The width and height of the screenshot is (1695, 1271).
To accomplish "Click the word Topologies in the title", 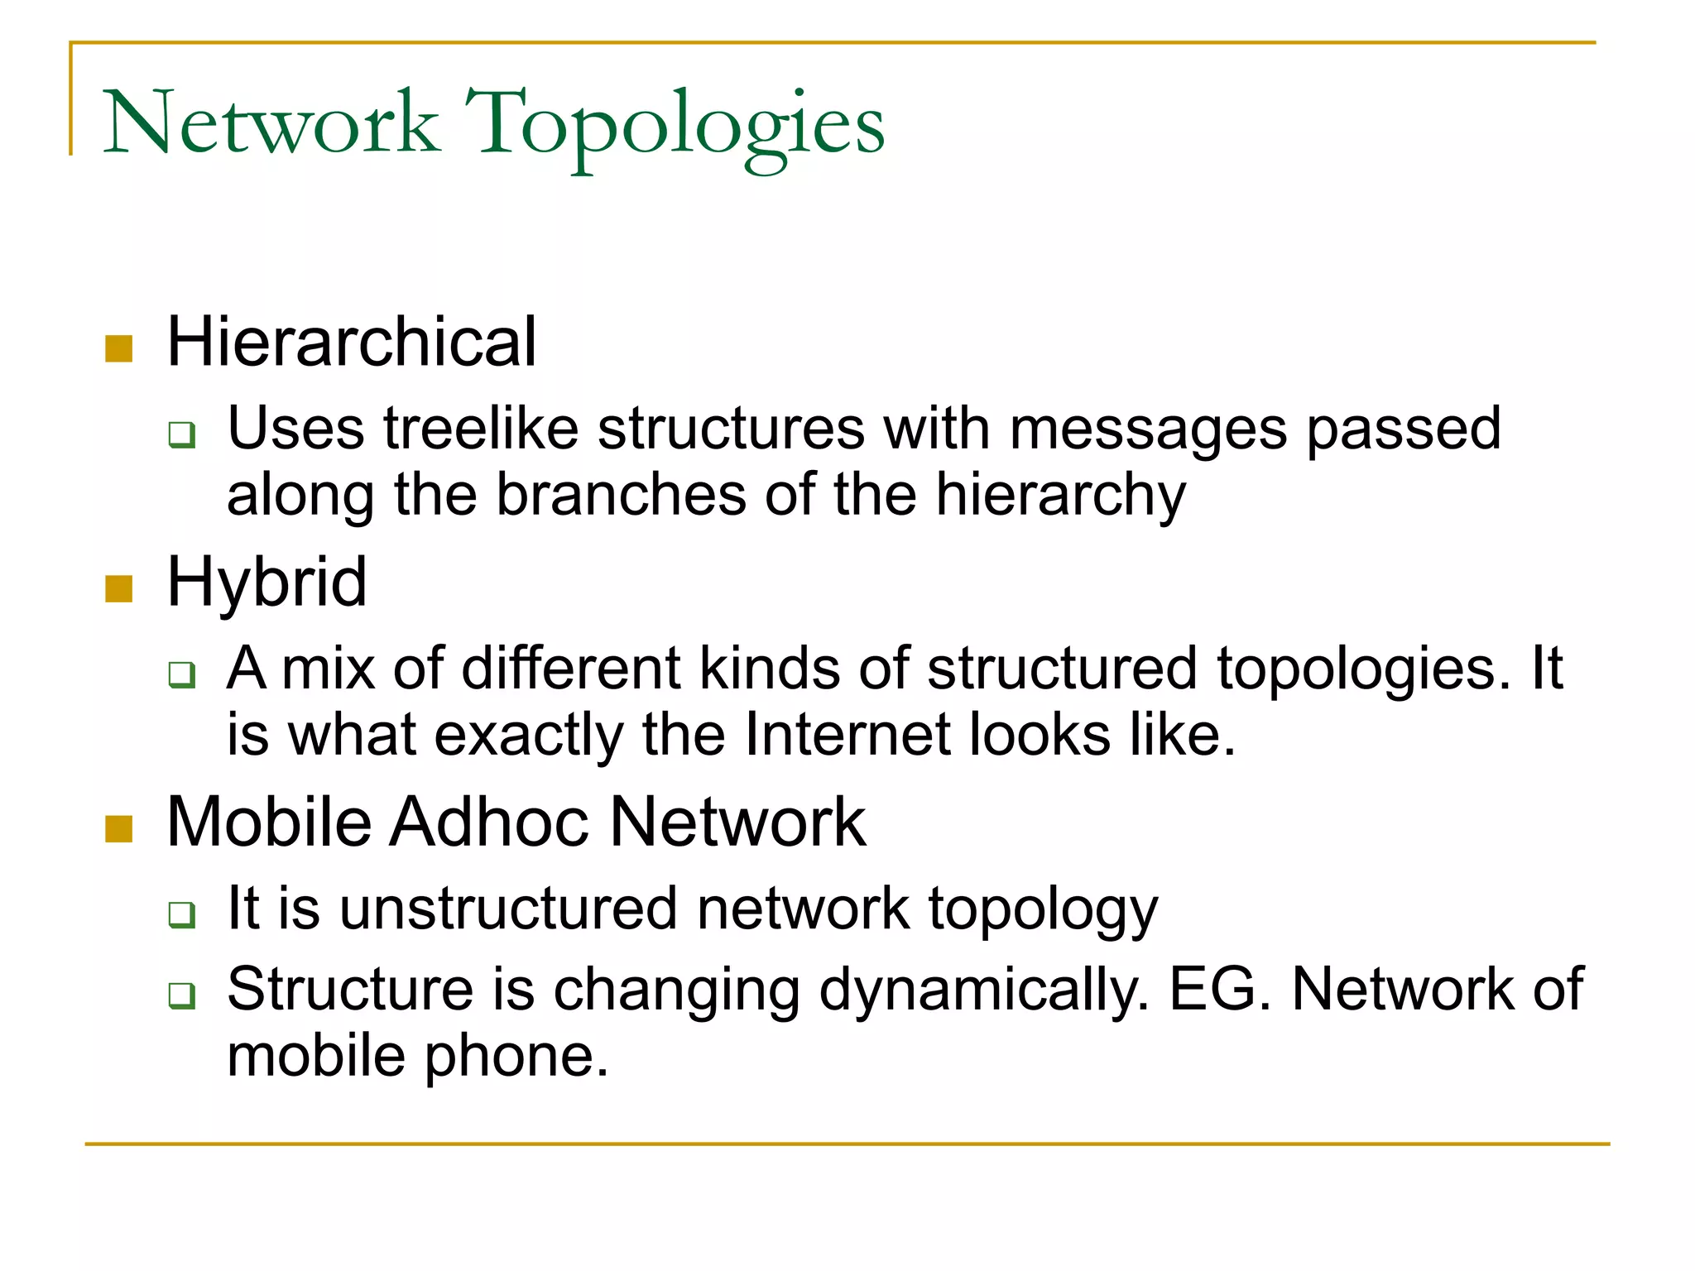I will [675, 124].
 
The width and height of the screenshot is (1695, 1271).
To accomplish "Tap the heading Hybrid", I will [266, 582].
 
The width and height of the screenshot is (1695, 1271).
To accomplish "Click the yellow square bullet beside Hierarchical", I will [119, 349].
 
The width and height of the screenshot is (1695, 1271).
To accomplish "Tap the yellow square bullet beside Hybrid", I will [119, 589].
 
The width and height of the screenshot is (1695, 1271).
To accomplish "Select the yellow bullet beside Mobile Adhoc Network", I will [119, 829].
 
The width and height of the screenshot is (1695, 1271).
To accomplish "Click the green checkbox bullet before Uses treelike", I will [181, 434].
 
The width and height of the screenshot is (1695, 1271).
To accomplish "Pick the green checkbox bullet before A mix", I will [181, 674].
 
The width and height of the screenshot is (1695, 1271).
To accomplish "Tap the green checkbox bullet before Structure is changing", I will [181, 995].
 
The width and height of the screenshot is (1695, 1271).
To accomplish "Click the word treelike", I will [481, 429].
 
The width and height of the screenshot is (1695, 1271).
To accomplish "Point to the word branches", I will [621, 495].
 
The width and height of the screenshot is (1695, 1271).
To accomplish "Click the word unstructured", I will [508, 909].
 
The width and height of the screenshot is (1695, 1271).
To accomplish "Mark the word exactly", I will [528, 735].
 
